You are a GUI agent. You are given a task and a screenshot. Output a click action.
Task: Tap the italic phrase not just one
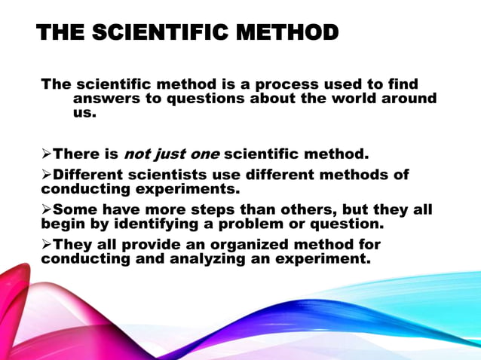click(x=171, y=154)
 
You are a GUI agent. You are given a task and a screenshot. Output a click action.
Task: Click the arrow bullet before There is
click(x=46, y=154)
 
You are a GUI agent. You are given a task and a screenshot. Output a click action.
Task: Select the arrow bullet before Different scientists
click(x=46, y=175)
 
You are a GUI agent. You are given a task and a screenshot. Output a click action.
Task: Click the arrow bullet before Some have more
click(x=46, y=210)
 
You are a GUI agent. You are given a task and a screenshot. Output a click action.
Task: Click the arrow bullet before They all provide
click(x=46, y=245)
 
